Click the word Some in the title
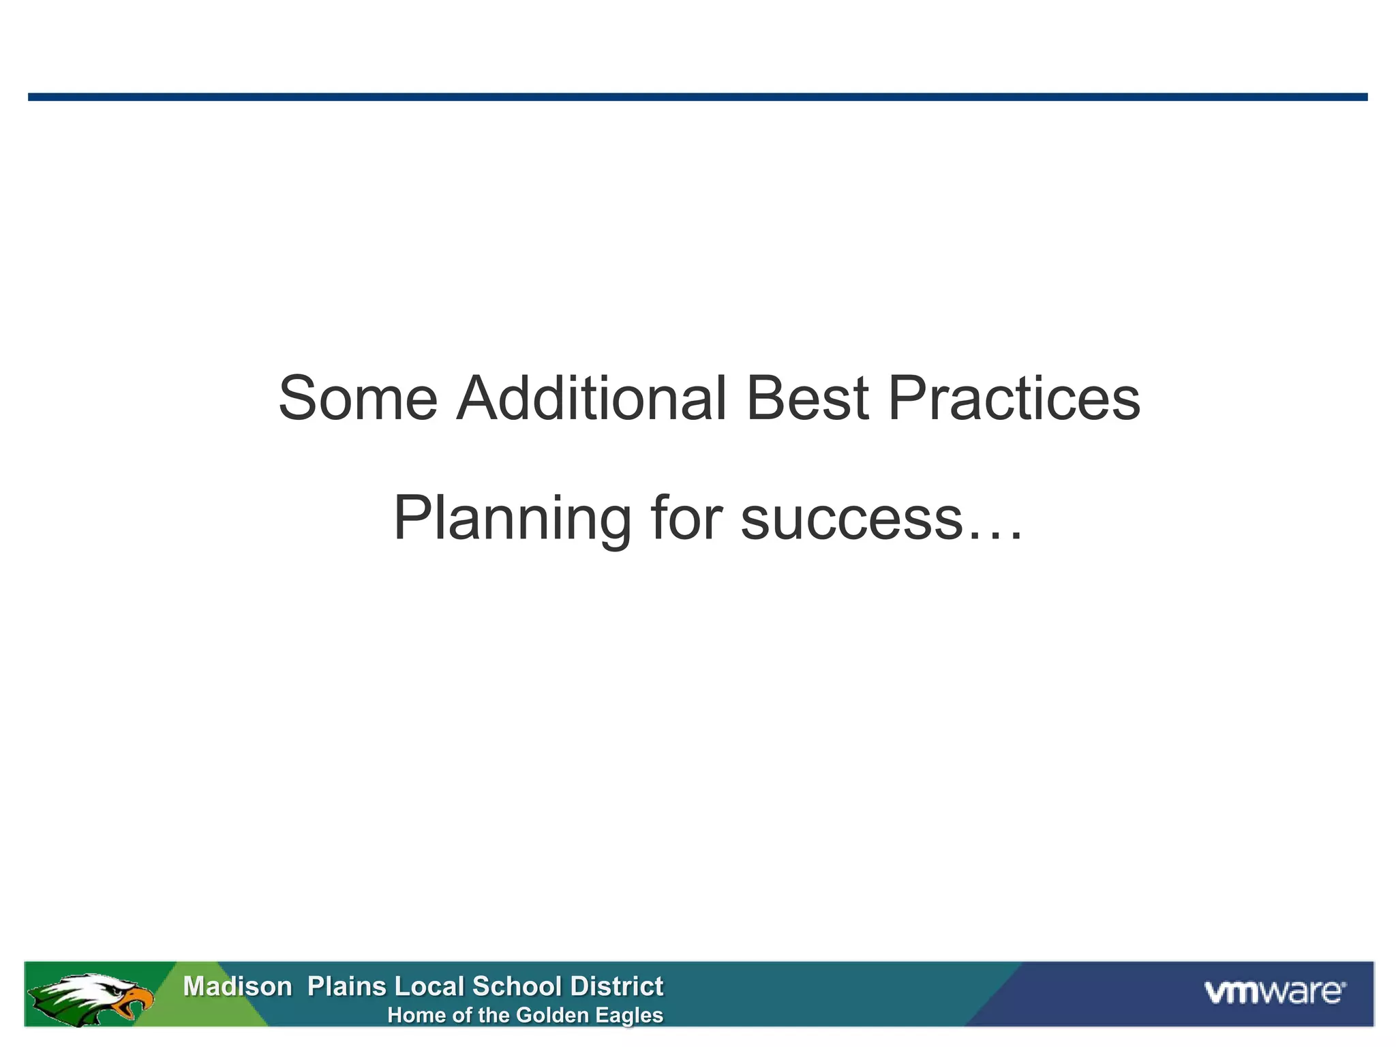(358, 399)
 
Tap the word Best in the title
(807, 399)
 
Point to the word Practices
(1014, 399)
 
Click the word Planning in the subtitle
(513, 519)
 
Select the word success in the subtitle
(851, 519)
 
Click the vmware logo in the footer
(1275, 992)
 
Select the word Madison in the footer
(237, 986)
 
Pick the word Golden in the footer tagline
(553, 1016)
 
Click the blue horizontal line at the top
(698, 97)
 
